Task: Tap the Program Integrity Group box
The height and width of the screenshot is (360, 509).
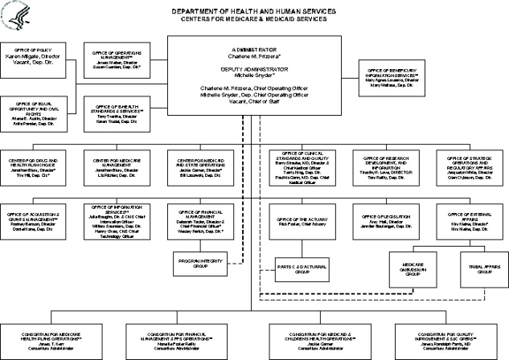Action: coord(200,260)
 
